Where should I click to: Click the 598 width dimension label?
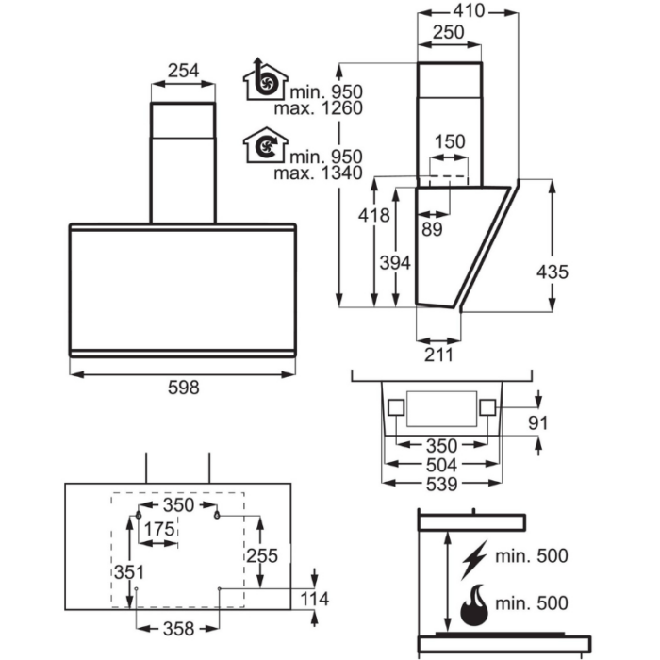click(x=183, y=388)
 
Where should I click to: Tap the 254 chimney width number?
click(x=183, y=71)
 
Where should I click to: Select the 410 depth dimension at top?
click(x=469, y=10)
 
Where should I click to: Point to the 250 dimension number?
click(x=449, y=32)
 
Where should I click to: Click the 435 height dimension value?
click(x=553, y=272)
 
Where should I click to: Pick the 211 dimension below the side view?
click(x=438, y=355)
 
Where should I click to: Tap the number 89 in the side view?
click(x=432, y=229)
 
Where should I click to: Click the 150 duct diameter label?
click(x=450, y=141)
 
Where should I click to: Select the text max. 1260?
click(x=319, y=108)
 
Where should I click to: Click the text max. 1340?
click(x=319, y=173)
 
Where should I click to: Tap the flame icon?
click(x=474, y=605)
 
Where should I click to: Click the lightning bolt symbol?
click(x=474, y=559)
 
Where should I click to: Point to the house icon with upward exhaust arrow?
click(x=266, y=80)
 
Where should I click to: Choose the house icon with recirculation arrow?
click(x=266, y=145)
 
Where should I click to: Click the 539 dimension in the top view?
click(x=441, y=484)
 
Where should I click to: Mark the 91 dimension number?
click(x=538, y=423)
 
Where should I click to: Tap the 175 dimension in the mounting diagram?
click(x=159, y=529)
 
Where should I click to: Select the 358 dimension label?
click(x=178, y=629)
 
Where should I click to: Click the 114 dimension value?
click(x=314, y=599)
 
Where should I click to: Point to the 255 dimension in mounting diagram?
click(x=262, y=555)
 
